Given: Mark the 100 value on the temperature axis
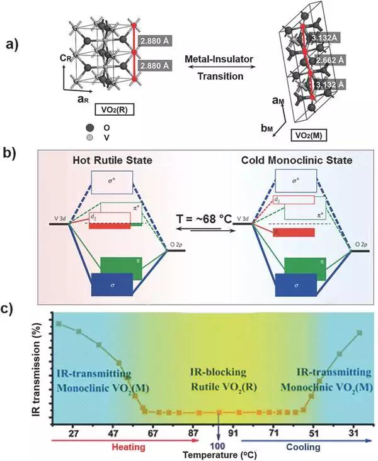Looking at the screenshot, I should (x=219, y=445).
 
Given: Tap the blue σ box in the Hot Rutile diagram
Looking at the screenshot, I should (x=112, y=284).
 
